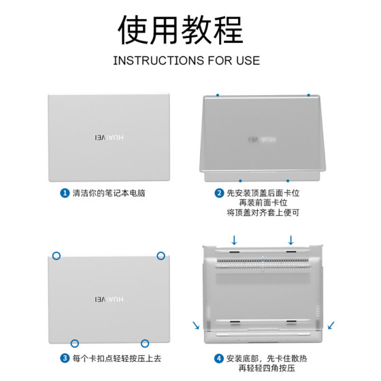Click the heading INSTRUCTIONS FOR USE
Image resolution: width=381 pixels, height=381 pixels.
pyautogui.click(x=186, y=61)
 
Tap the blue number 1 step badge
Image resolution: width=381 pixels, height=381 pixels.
pyautogui.click(x=65, y=193)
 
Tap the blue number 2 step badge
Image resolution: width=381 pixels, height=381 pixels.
pyautogui.click(x=219, y=193)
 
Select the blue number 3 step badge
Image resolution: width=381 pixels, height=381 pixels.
pyautogui.click(x=65, y=359)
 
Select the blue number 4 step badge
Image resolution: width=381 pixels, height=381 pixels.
pyautogui.click(x=219, y=359)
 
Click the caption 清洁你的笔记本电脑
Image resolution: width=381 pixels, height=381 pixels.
pyautogui.click(x=109, y=193)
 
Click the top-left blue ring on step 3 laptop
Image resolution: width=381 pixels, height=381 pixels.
pyautogui.click(x=56, y=256)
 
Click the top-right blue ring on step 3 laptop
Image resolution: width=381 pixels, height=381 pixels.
pyautogui.click(x=161, y=256)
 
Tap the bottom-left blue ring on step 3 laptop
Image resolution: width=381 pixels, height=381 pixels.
pyautogui.click(x=75, y=344)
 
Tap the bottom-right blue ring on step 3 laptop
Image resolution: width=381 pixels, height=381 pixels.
pyautogui.click(x=145, y=344)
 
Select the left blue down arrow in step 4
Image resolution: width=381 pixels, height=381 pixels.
pyautogui.click(x=234, y=240)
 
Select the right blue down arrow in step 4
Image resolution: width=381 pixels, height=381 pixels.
pyautogui.click(x=291, y=240)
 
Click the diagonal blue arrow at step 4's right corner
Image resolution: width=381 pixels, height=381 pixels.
pyautogui.click(x=331, y=325)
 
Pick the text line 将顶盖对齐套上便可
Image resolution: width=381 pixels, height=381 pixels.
pyautogui.click(x=263, y=213)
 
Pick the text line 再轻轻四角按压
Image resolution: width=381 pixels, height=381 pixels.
pyautogui.click(x=263, y=369)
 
